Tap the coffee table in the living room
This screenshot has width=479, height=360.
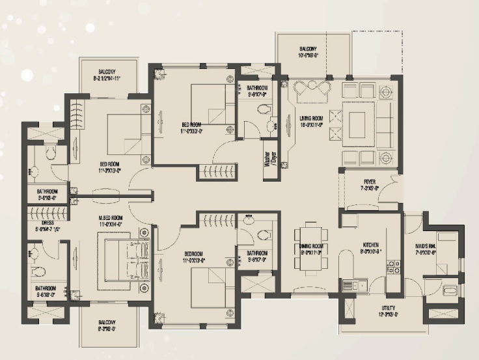pos(357,122)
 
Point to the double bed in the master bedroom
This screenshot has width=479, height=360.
pos(124,260)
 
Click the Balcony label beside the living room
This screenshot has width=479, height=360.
pos(308,52)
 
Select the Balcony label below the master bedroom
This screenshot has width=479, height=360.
pos(107,325)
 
